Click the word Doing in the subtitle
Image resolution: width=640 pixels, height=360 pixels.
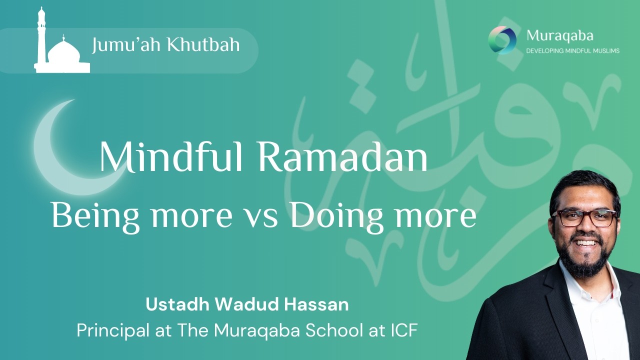point(332,215)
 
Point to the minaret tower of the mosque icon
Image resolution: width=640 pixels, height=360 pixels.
point(41,37)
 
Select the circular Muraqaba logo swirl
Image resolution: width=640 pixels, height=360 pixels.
point(502,40)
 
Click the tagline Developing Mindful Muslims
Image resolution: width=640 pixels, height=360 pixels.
point(572,51)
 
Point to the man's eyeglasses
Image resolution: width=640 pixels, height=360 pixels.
point(584,217)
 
